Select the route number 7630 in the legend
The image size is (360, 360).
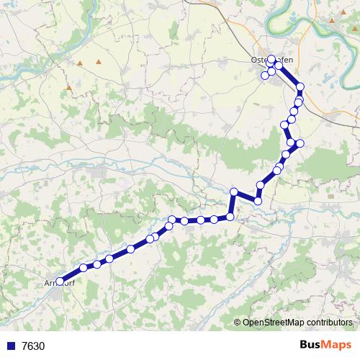tap(33, 346)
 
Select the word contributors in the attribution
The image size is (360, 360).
tap(328, 323)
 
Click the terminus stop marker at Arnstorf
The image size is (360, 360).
tap(59, 282)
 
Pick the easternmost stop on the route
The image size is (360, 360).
tap(301, 87)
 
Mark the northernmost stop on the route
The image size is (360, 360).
tap(271, 59)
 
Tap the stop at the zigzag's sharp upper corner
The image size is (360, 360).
tap(234, 192)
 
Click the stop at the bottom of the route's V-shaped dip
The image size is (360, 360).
tap(258, 200)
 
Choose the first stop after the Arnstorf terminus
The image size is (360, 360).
tap(84, 268)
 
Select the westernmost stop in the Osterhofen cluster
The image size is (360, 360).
tap(265, 75)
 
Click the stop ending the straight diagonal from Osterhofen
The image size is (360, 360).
tap(301, 87)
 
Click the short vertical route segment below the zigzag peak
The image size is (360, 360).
tap(232, 204)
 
